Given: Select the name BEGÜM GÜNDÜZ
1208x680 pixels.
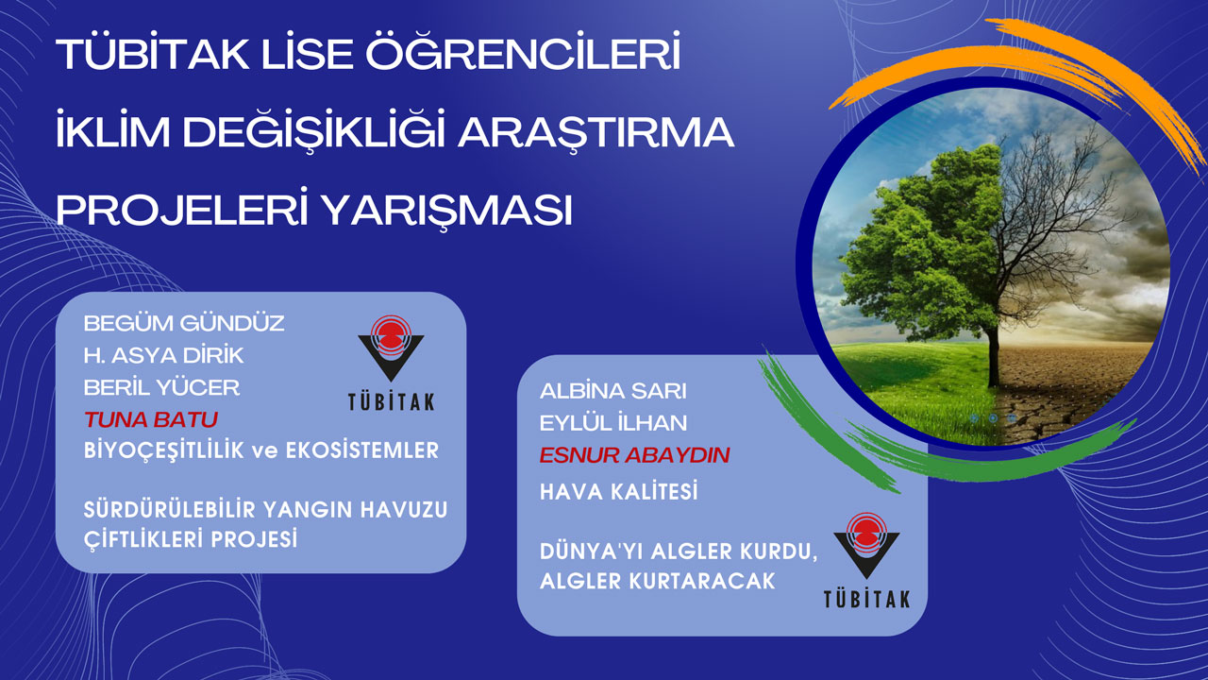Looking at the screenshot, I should (184, 323).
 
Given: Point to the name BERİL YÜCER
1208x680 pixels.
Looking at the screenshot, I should (161, 387).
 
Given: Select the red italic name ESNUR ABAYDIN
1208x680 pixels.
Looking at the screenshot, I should (634, 455).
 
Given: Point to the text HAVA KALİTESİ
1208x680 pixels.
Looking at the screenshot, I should (618, 491).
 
